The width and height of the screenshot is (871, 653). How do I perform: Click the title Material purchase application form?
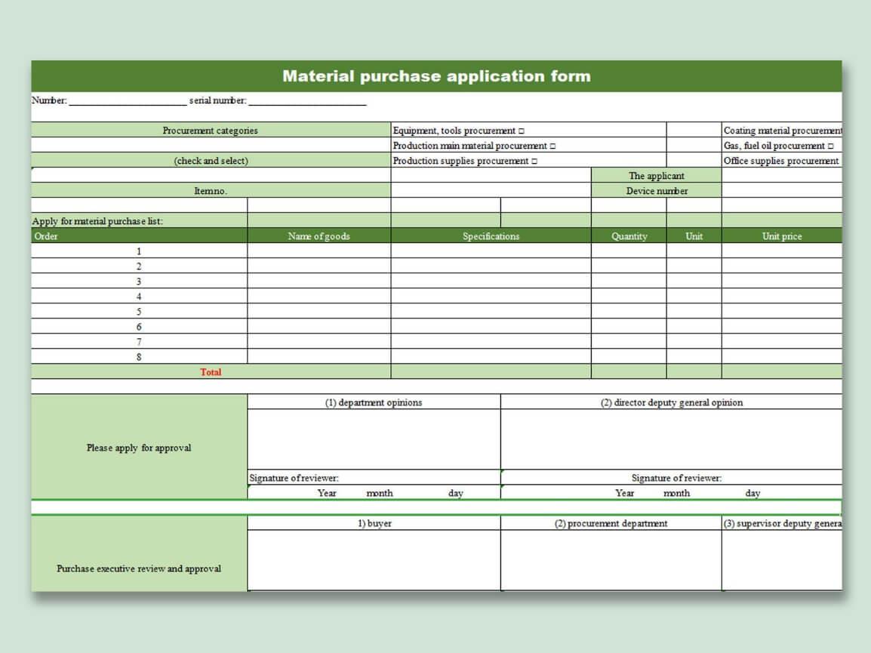click(436, 76)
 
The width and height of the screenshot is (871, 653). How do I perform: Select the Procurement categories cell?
click(210, 131)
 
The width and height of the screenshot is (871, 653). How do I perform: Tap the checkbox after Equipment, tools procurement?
click(522, 131)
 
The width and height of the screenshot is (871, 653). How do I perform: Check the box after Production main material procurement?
click(553, 146)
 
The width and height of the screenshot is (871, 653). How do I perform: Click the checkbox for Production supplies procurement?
click(535, 162)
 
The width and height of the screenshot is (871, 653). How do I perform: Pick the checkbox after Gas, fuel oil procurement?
click(831, 146)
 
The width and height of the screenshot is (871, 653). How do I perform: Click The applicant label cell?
click(657, 176)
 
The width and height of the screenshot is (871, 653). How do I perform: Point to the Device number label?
click(657, 191)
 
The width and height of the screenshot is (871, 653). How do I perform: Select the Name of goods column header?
click(319, 236)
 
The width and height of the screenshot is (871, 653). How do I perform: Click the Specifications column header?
click(491, 236)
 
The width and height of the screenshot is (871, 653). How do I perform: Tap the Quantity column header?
click(629, 236)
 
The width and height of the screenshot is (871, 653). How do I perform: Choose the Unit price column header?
click(781, 236)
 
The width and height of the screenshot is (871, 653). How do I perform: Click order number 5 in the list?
click(139, 312)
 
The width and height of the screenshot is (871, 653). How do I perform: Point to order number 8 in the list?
click(139, 357)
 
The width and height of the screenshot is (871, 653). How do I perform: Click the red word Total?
click(211, 372)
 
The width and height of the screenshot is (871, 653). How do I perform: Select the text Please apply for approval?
click(139, 448)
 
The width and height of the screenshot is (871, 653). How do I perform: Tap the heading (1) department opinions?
click(374, 402)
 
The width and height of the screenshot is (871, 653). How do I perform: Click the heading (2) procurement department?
click(611, 523)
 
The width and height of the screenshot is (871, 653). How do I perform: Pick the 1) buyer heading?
click(374, 523)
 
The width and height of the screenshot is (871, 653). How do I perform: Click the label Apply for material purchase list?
click(97, 221)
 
